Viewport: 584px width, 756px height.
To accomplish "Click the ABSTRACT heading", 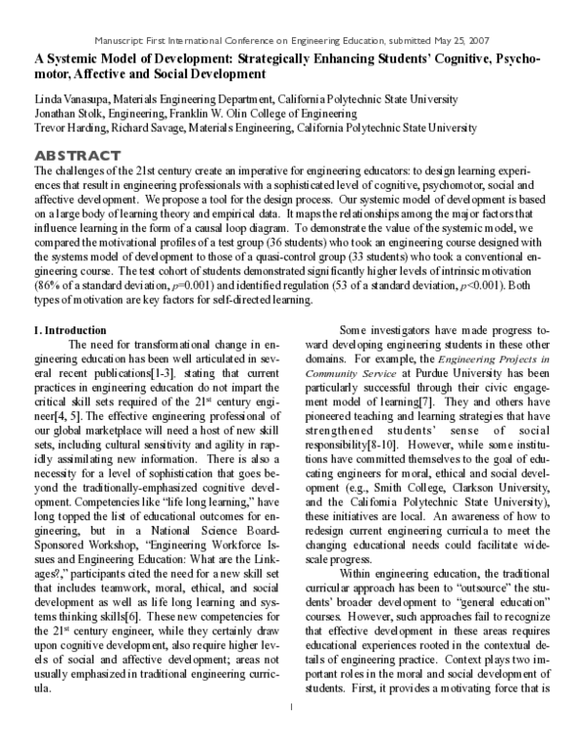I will click(x=77, y=156).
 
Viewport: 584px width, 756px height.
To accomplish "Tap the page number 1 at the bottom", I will click(x=291, y=734).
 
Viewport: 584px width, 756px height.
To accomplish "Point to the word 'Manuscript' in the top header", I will click(x=123, y=40).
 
